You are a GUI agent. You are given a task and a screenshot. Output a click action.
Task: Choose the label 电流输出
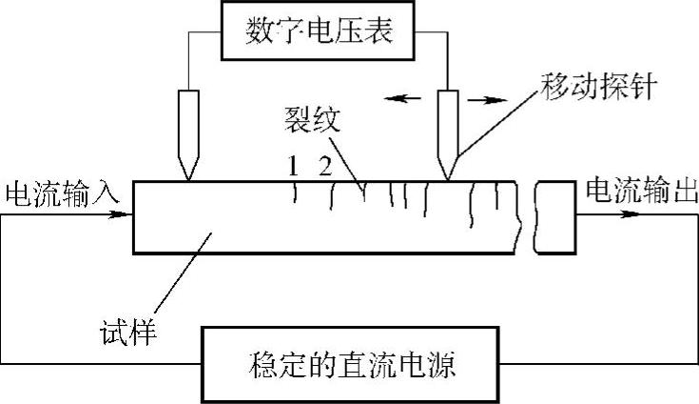click(639, 191)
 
